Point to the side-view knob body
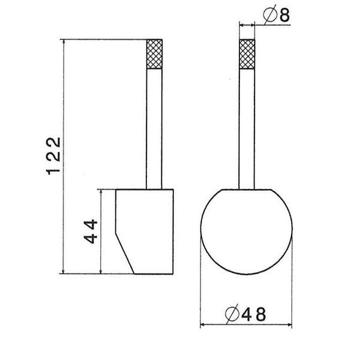[147, 228]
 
